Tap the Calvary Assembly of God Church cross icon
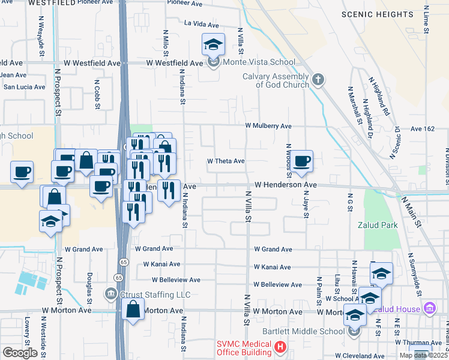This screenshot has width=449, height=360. click(x=318, y=78)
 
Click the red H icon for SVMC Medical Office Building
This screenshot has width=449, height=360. click(x=280, y=347)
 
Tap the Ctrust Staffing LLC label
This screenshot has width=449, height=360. click(x=155, y=295)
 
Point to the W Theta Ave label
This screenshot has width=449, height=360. click(x=226, y=161)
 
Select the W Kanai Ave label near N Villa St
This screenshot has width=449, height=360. click(x=272, y=266)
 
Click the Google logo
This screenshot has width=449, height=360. click(x=20, y=352)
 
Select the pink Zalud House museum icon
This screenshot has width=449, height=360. click(x=429, y=308)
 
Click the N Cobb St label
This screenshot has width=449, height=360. click(x=97, y=94)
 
